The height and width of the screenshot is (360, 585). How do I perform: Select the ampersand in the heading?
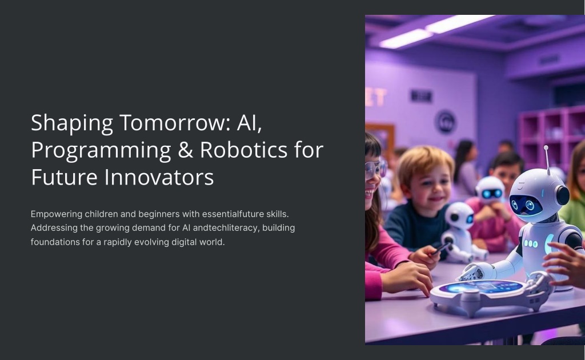pos(186,150)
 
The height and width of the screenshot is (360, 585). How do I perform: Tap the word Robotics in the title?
pos(243,150)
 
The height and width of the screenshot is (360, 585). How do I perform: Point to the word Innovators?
pos(159,177)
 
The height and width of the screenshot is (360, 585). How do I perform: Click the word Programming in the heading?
pos(101,151)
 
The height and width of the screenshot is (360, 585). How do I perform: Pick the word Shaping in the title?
pos(72,123)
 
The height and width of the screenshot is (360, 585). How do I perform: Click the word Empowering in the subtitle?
pos(57,214)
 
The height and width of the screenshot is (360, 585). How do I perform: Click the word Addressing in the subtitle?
pos(54,228)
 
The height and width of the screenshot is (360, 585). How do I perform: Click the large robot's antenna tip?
pos(546,148)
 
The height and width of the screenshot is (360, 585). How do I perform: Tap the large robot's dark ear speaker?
pos(562,195)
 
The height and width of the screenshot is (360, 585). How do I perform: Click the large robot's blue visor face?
pos(526,205)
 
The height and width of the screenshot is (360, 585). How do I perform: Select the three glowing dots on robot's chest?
pos(531,244)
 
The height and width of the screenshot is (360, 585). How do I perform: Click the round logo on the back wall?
pos(445,122)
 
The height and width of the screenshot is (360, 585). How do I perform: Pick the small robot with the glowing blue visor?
pos(490,191)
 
